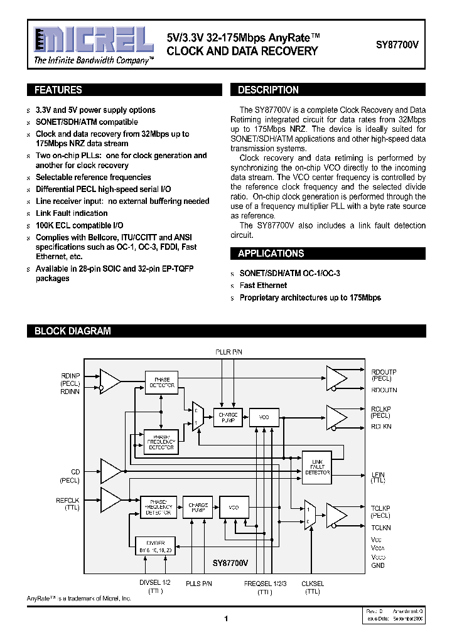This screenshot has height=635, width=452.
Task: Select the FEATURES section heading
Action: (x=58, y=90)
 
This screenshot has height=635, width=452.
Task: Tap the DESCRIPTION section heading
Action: (x=268, y=90)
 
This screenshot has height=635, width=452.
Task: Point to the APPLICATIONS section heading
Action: (x=271, y=253)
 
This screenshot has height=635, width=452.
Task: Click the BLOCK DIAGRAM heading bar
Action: (x=72, y=331)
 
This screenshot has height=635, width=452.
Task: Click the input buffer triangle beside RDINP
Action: (x=110, y=380)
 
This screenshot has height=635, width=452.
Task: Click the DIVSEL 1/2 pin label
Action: (x=154, y=583)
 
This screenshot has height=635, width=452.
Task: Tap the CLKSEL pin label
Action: (x=313, y=583)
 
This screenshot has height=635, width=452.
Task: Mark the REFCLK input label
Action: (x=68, y=499)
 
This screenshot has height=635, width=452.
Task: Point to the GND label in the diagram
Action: (x=378, y=565)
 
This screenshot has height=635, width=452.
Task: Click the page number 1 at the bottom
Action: (x=225, y=619)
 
